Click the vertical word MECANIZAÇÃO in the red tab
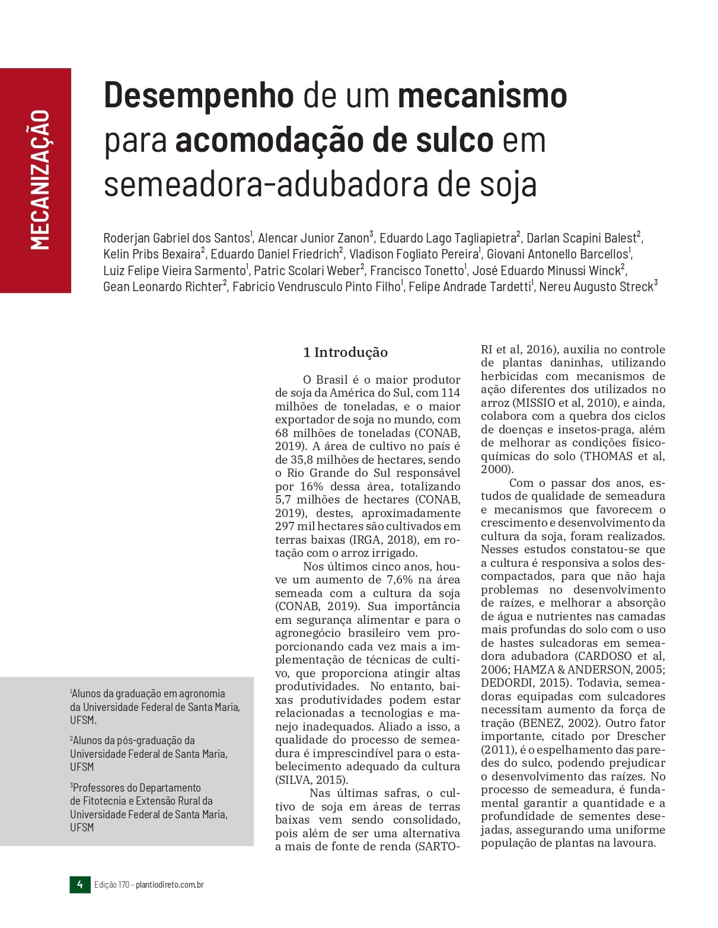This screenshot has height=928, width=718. point(40,180)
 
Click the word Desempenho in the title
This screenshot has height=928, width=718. point(199,95)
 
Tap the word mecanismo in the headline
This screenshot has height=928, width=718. point(482,95)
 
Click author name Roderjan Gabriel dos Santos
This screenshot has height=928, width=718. point(177,238)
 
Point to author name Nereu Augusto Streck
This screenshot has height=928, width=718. point(596,287)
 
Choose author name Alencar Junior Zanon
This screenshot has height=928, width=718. point(314,238)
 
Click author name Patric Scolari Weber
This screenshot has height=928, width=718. point(307,271)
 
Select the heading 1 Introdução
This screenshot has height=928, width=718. point(345,352)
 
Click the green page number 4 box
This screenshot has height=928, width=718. point(79,885)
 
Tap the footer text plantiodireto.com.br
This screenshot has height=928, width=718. point(170,885)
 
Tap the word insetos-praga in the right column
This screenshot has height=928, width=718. point(594,429)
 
